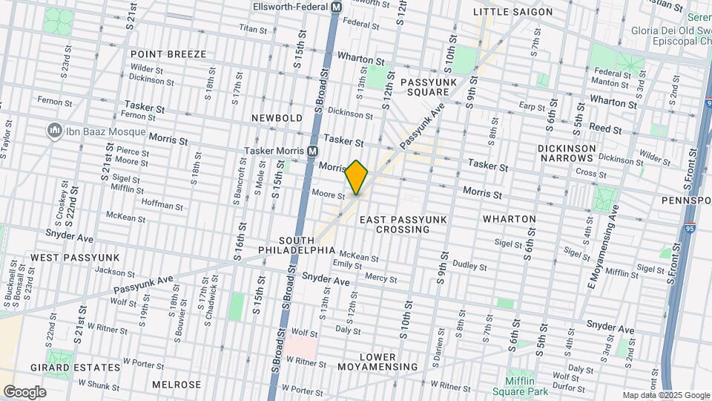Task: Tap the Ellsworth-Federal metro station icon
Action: (x=335, y=7)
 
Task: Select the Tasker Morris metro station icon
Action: (x=313, y=151)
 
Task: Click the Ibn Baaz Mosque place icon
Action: (x=53, y=131)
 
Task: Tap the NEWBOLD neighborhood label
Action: (x=277, y=118)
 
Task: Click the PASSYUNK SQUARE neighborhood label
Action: (x=425, y=87)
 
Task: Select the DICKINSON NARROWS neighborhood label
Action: (x=567, y=154)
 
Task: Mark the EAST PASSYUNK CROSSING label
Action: (x=394, y=224)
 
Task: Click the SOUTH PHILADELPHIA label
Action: (x=308, y=247)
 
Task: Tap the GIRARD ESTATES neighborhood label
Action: (x=75, y=368)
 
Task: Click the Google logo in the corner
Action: (x=24, y=391)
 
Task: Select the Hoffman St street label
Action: (x=162, y=205)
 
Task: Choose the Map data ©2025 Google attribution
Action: (x=665, y=395)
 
